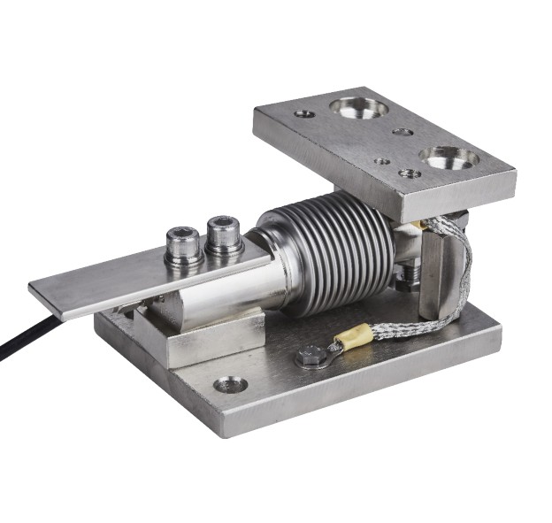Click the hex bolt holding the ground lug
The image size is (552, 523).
[310, 358]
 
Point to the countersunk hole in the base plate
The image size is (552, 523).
[230, 385]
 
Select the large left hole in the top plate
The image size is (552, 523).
[359, 108]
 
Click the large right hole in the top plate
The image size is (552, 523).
[449, 158]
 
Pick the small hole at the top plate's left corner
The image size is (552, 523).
[303, 114]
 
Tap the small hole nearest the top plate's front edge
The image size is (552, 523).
[409, 173]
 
